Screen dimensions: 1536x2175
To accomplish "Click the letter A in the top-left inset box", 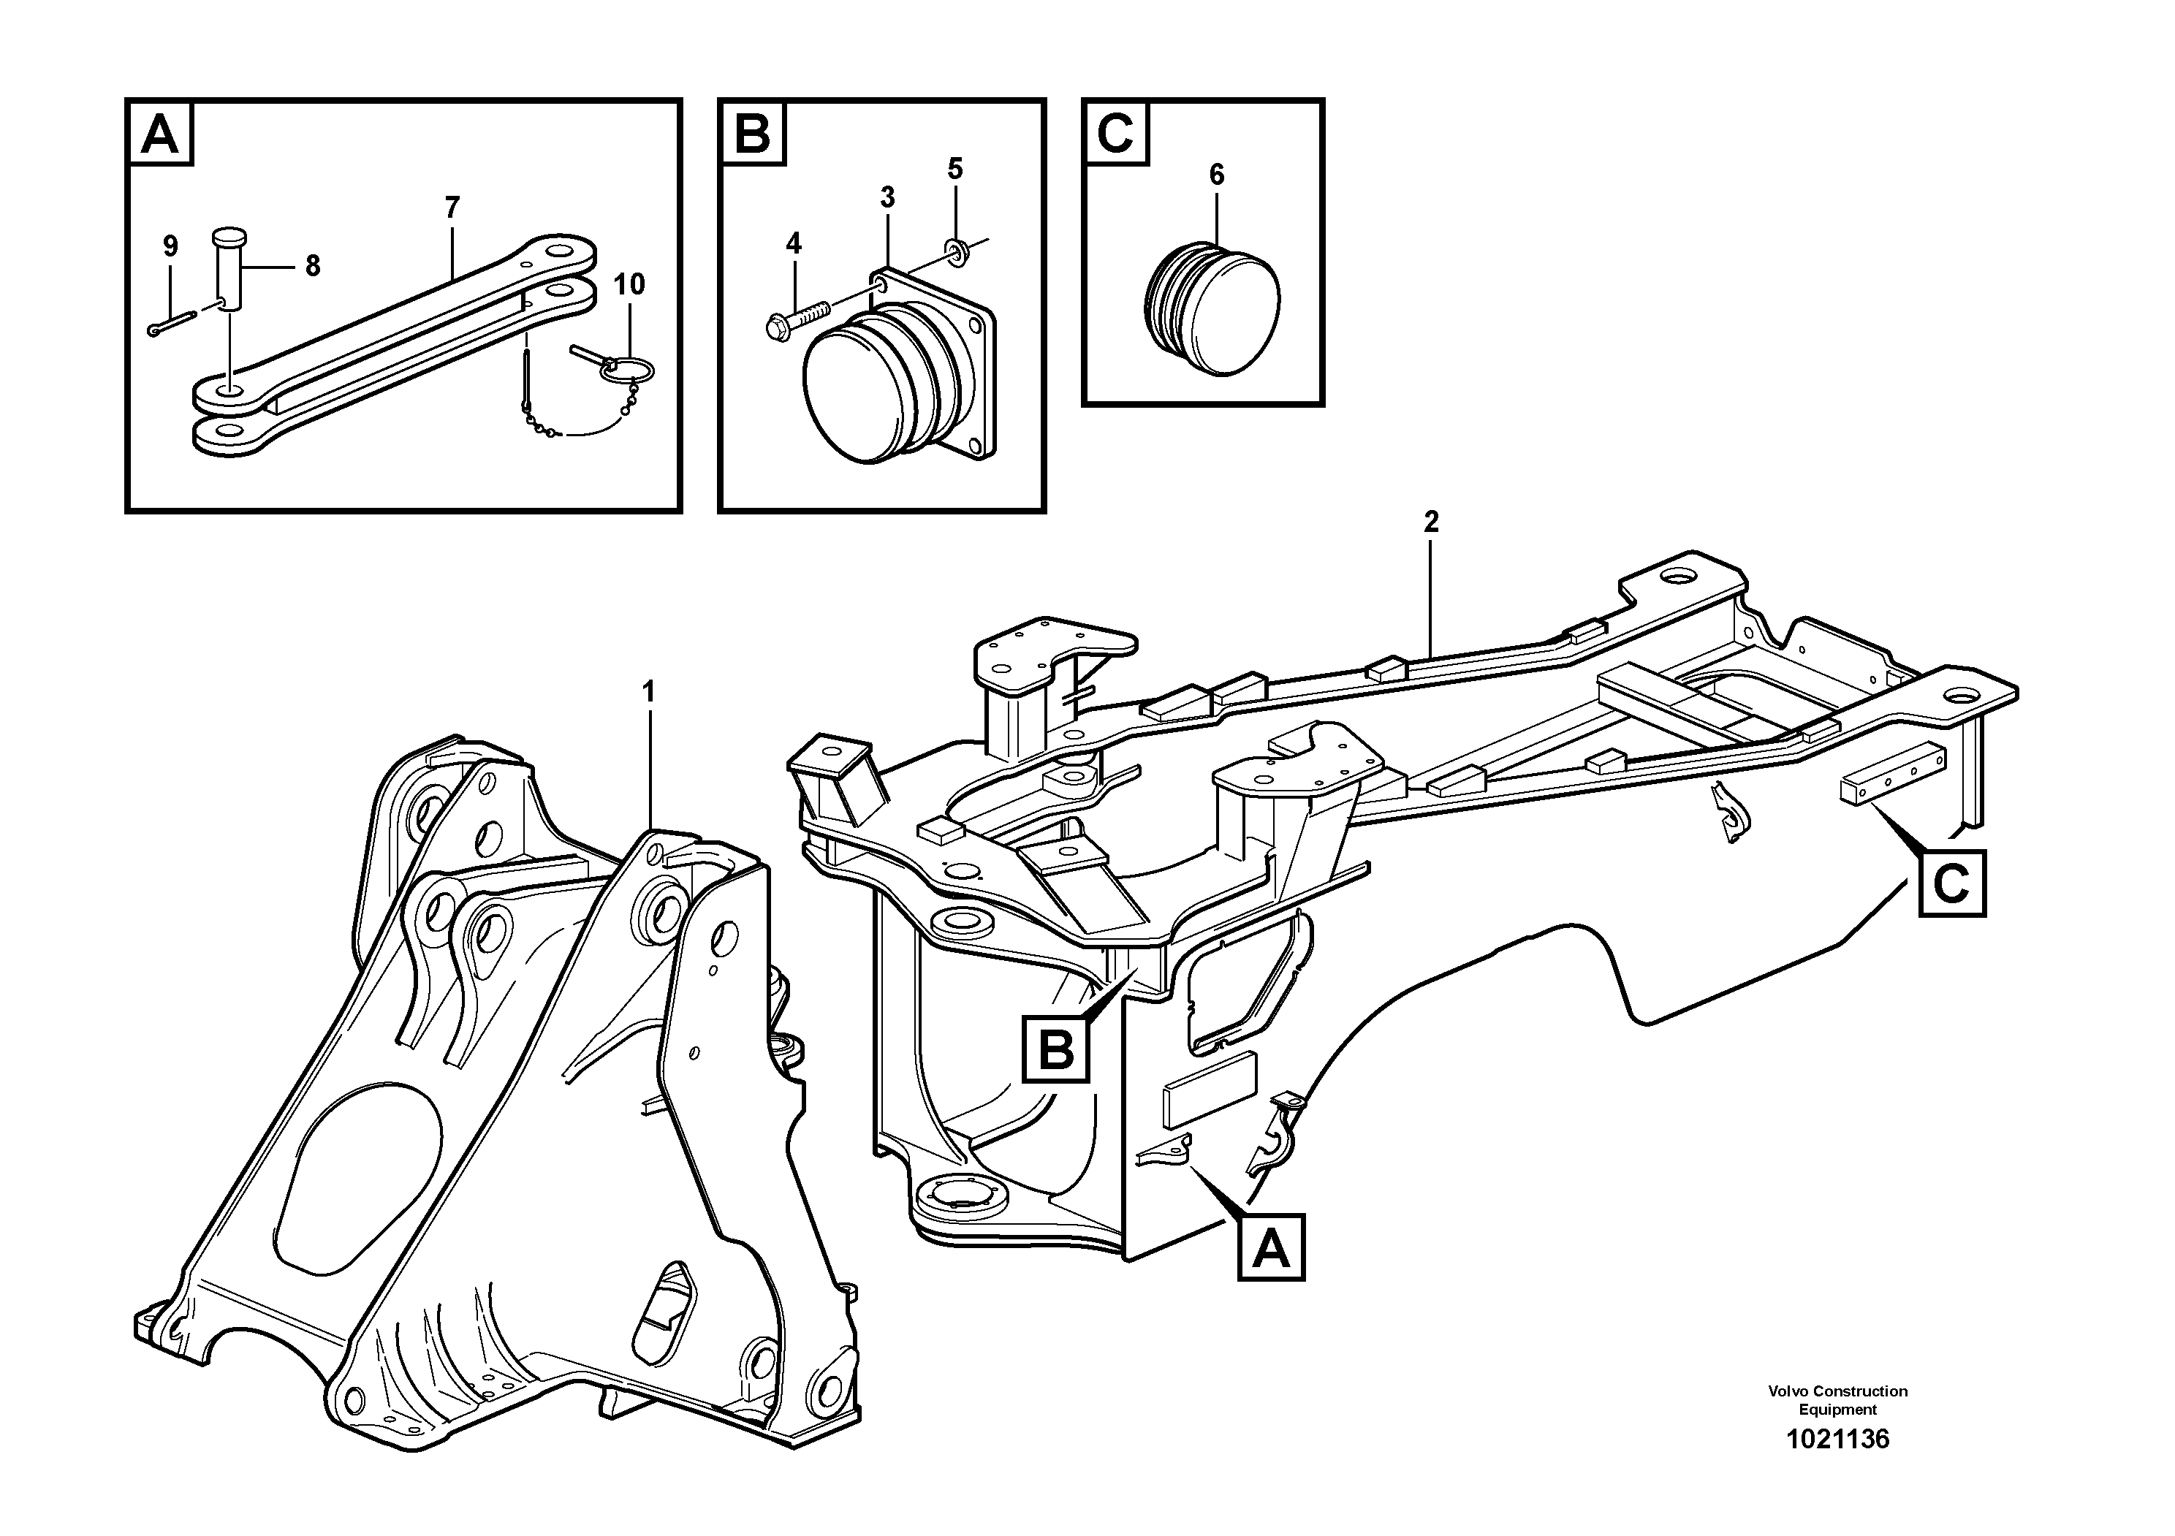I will tap(159, 134).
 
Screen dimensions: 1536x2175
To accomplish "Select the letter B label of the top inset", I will tap(752, 134).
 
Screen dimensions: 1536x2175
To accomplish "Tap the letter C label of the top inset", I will tap(1115, 134).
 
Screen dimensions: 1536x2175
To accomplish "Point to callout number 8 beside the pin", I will tap(313, 267).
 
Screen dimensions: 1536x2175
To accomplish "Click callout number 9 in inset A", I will tap(170, 247).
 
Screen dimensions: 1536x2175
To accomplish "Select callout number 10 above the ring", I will tap(629, 284).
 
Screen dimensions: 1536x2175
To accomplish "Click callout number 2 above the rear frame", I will tap(1430, 522).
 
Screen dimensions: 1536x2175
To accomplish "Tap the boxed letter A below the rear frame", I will tap(1270, 1247).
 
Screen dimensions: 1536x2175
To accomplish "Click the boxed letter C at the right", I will tap(1951, 883).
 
